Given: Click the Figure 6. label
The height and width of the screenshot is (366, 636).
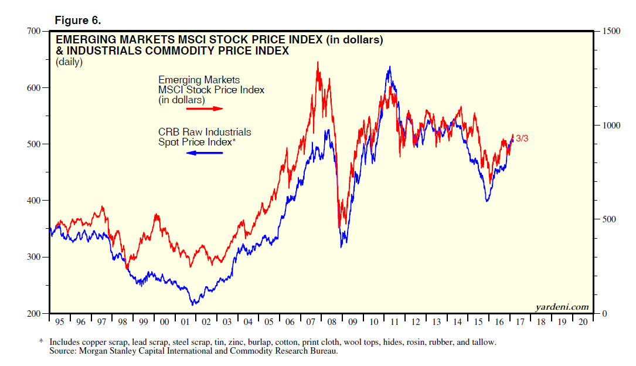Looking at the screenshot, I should pyautogui.click(x=78, y=21).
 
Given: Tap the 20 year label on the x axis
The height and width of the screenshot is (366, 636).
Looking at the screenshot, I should pyautogui.click(x=582, y=322).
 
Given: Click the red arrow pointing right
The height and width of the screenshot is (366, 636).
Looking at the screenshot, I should pyautogui.click(x=209, y=109).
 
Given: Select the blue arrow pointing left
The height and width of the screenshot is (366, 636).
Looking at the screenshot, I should pyautogui.click(x=205, y=153).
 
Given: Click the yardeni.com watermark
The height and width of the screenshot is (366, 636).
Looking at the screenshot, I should pyautogui.click(x=562, y=307).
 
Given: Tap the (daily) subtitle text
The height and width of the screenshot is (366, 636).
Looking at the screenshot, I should pyautogui.click(x=69, y=62).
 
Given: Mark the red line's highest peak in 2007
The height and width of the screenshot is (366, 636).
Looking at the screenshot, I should pyautogui.click(x=318, y=62).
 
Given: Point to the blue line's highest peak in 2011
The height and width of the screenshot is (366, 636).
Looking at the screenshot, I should pyautogui.click(x=389, y=67).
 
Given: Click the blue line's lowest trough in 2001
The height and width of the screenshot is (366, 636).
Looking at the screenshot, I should pyautogui.click(x=192, y=304).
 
